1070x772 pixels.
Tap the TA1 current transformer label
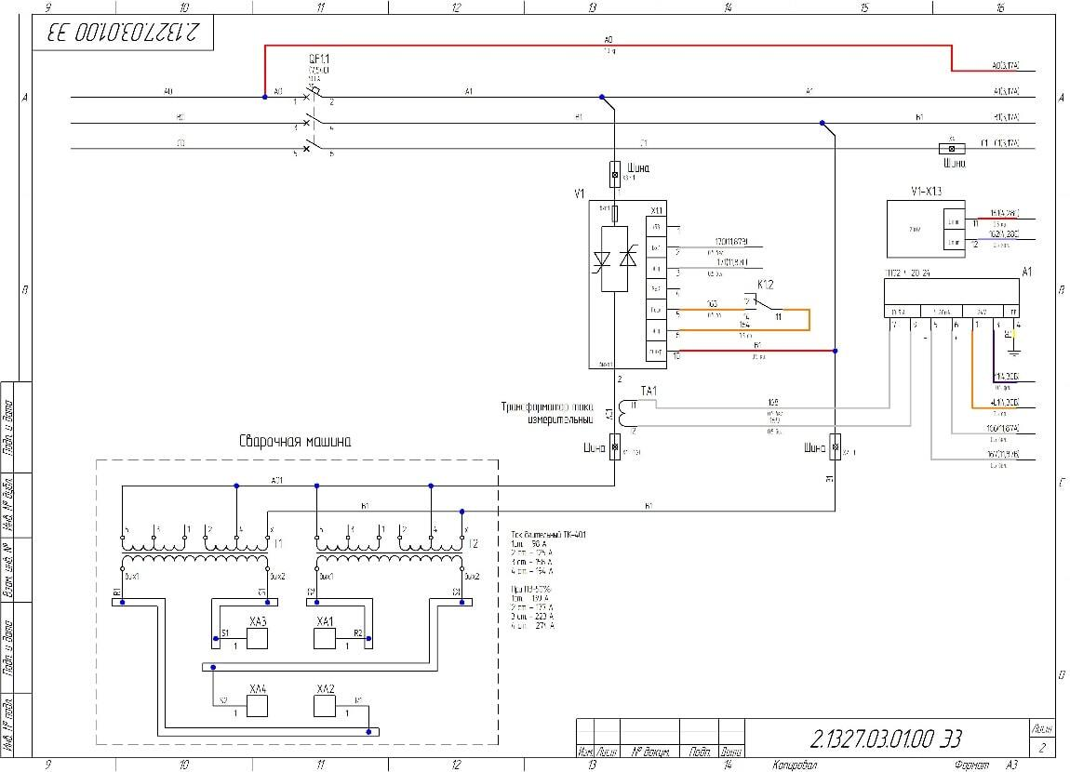[x=649, y=391]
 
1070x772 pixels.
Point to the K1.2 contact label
[x=766, y=284]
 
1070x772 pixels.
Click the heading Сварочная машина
[x=295, y=442]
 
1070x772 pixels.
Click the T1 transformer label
[x=279, y=543]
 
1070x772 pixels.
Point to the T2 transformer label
[x=473, y=543]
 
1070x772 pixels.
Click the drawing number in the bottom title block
[x=886, y=739]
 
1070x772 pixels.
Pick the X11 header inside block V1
[x=657, y=209]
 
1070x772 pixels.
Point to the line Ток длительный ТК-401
[x=549, y=535]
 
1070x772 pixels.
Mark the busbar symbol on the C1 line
[x=951, y=149]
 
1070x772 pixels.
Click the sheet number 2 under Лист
[x=1042, y=746]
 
